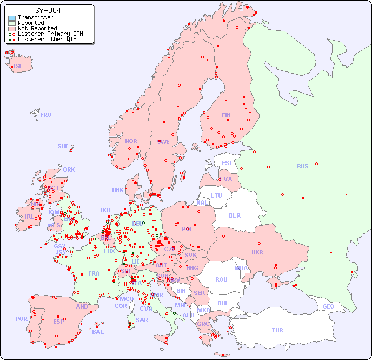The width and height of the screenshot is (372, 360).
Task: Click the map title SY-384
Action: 48,10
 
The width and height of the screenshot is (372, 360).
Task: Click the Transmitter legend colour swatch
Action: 12,17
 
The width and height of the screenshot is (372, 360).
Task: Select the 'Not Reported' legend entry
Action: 37,28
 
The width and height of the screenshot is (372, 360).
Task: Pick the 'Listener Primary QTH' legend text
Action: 50,34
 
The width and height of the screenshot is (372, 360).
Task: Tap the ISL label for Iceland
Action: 18,67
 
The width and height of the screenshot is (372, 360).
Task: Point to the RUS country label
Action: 302,166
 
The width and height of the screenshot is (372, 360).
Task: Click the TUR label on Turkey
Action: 277,330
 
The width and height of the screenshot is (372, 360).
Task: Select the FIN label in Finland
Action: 226,115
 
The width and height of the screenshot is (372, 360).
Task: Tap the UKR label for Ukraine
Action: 257,252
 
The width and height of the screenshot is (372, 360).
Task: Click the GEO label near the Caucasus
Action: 328,306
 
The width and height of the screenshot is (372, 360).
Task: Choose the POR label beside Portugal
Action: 21,319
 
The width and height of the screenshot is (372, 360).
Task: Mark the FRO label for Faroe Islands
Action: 46,115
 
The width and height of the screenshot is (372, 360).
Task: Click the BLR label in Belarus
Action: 234,215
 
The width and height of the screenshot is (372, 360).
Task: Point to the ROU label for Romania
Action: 221,279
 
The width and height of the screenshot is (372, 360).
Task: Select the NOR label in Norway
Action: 131,141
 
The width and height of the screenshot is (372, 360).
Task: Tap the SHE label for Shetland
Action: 63,146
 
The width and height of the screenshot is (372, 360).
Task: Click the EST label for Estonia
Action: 227,163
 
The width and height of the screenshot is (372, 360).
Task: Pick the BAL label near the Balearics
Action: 97,332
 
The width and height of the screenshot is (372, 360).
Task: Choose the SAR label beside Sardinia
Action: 142,320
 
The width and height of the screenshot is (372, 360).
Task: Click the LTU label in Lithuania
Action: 216,195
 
